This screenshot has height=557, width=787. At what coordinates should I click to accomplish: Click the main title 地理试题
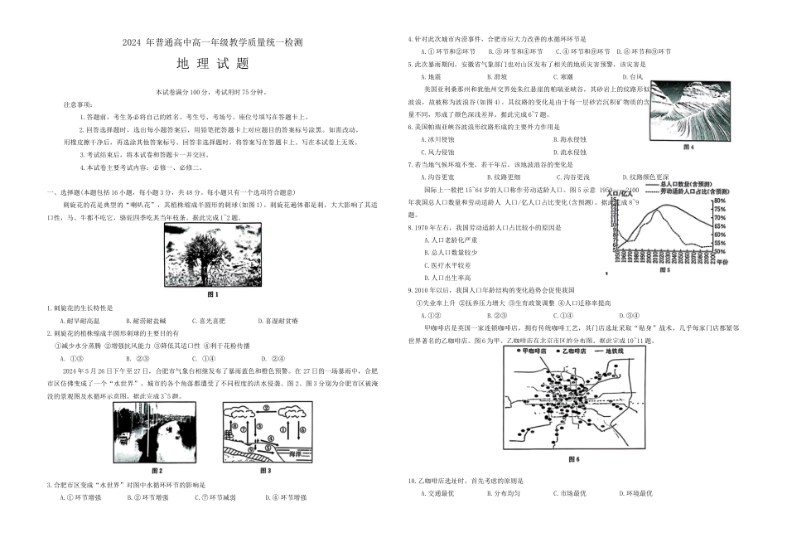pos(213,64)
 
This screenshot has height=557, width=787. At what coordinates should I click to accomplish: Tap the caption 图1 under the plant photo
pos(213,294)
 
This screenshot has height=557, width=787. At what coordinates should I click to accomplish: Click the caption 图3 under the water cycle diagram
pos(266,471)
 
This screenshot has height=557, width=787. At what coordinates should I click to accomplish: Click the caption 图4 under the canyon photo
pos(687,148)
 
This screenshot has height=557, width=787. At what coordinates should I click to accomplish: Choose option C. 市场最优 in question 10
pos(570,493)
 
